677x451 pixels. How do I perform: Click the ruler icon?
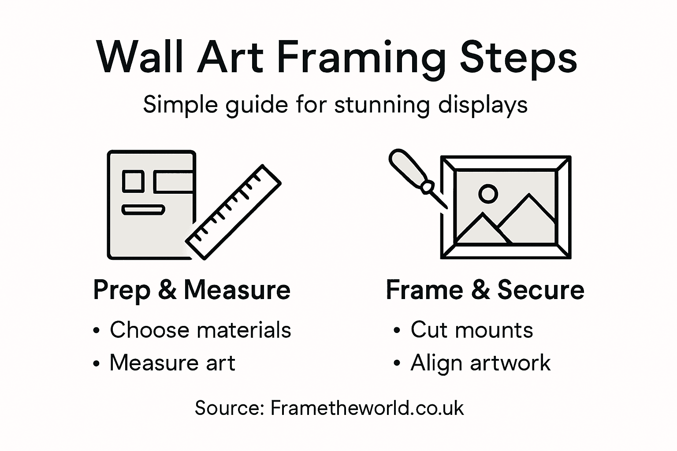[234, 211]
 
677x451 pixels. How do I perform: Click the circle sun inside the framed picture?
[488, 193]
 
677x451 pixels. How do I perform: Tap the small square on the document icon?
[132, 181]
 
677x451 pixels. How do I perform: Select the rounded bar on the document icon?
[143, 210]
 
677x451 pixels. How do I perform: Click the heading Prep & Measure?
[192, 290]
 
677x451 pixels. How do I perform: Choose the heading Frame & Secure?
[485, 290]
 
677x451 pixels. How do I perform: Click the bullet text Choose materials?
[201, 330]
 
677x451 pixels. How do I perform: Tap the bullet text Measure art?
[172, 363]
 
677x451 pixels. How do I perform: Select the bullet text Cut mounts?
[472, 330]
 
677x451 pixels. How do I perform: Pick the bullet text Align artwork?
[480, 363]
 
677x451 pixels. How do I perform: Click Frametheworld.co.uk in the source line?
[367, 408]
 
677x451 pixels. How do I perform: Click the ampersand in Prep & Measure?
[167, 290]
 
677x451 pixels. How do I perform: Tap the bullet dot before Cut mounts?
[397, 331]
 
